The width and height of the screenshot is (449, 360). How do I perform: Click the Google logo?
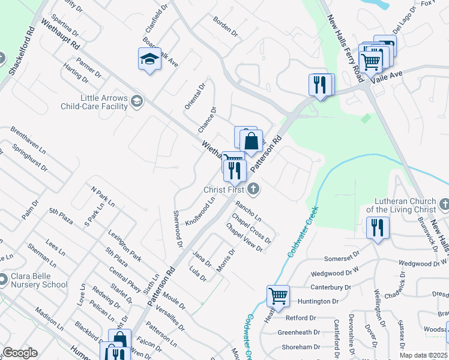click(20, 353)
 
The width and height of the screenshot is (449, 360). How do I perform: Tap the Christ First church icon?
click(253, 190)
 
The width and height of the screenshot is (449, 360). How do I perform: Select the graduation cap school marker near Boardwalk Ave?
click(149, 59)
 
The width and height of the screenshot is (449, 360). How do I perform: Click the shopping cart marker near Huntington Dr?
click(278, 295)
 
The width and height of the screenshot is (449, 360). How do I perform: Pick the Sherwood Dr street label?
click(178, 229)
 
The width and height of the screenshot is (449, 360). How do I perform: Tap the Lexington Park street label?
click(125, 245)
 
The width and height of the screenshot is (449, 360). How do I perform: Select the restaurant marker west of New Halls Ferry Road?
click(321, 85)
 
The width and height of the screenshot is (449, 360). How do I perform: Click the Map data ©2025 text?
click(423, 355)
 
